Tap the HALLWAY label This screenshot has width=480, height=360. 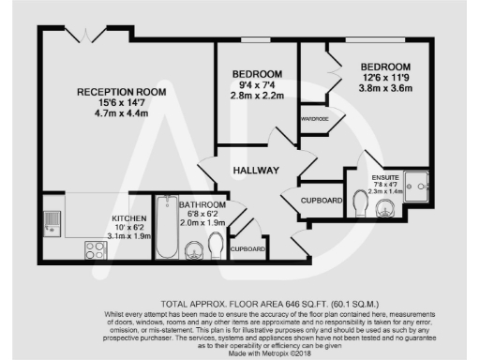pos(253,170)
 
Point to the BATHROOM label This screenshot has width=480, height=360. pos(202,204)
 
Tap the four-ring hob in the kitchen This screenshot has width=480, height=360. pos(94,248)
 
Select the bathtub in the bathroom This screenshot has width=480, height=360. pos(167,230)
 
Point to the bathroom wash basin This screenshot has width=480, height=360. pos(193,249)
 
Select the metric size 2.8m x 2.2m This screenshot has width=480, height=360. pos(257,96)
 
